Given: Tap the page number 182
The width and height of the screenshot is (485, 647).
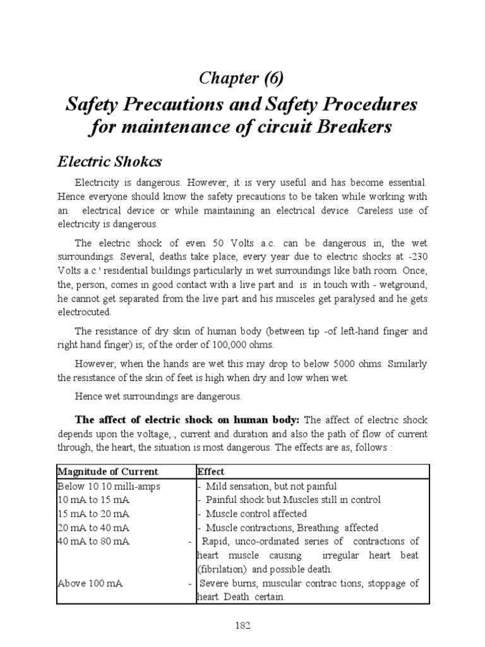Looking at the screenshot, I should [242, 625].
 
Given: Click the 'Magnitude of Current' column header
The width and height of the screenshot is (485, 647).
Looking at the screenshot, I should [107, 471].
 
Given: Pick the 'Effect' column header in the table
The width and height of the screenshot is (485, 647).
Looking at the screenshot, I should [210, 471].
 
